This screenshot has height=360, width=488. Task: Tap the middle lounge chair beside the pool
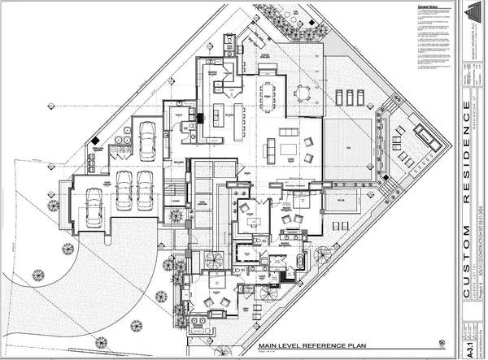pyautogui.click(x=348, y=97)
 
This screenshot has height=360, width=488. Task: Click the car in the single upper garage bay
pyautogui.click(x=147, y=140)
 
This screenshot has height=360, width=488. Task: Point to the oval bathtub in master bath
pyautogui.click(x=300, y=262)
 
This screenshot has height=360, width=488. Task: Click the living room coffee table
pyautogui.click(x=288, y=149)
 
